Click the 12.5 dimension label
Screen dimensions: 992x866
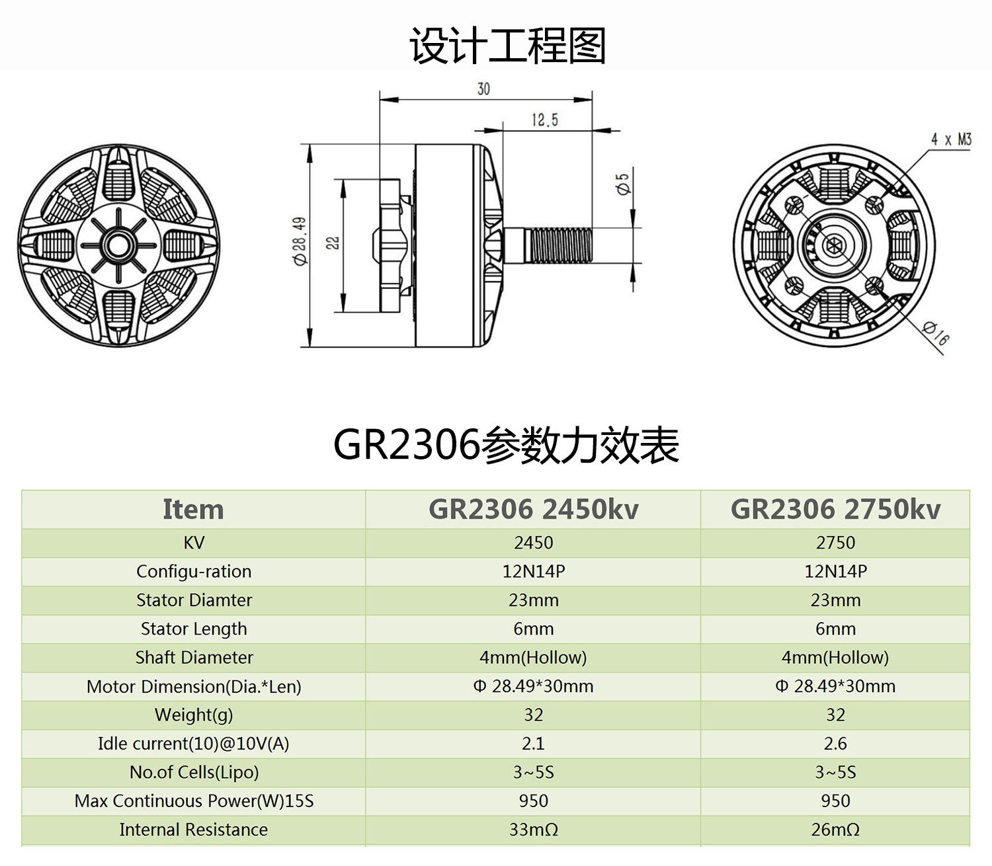(544, 120)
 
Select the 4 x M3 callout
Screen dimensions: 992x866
(951, 139)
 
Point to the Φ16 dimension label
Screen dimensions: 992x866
(935, 333)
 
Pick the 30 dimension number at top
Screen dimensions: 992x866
(483, 89)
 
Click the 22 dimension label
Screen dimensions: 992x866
(333, 243)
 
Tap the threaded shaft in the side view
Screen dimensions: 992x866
(559, 245)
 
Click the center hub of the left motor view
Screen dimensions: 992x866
(118, 245)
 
